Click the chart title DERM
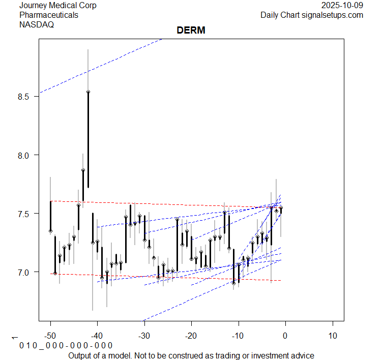coord(191,31)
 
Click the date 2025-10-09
coord(342,6)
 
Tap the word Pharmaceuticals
coord(49,15)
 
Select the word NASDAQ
coord(37,24)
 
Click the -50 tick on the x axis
coord(50,336)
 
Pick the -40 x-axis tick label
coord(97,336)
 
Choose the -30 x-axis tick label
coord(144,336)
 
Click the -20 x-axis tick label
coord(191,336)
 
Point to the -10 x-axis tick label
coord(238,336)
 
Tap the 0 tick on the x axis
coord(285,336)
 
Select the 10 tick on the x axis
coord(332,336)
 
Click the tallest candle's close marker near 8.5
coord(88,92)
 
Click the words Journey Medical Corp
coord(58,6)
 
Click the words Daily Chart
coord(278,15)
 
